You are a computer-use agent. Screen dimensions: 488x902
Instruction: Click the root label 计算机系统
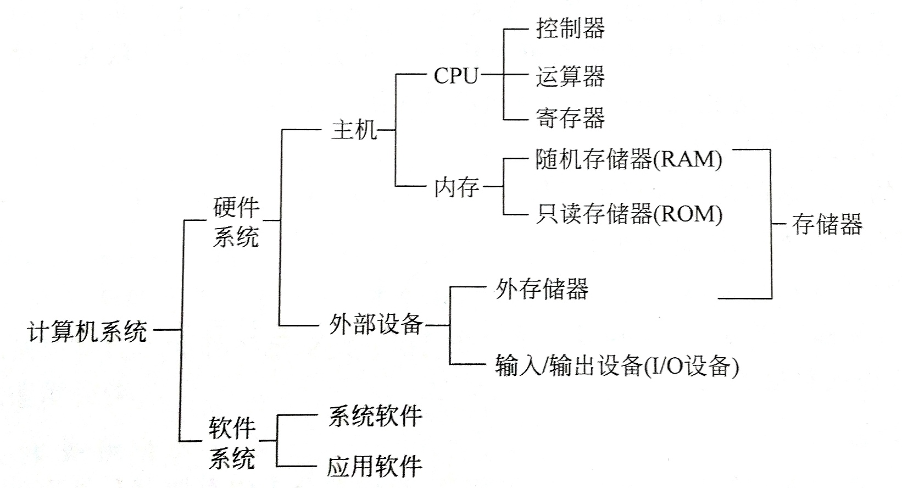click(87, 331)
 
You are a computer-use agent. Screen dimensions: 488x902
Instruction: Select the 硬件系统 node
click(236, 222)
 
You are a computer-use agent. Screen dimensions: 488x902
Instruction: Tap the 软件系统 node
click(232, 442)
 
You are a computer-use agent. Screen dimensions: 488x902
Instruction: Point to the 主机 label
click(354, 130)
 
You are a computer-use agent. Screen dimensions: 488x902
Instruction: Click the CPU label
click(456, 76)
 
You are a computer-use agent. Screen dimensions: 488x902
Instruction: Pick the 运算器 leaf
click(570, 76)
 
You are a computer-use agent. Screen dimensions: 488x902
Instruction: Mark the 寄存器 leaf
click(570, 118)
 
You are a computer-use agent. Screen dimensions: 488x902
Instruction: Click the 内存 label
click(456, 187)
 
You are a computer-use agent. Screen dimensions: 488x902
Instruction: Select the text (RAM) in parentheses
click(687, 159)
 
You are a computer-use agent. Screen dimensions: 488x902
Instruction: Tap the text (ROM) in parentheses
click(688, 214)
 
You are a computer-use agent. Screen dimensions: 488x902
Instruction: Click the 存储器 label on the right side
click(827, 224)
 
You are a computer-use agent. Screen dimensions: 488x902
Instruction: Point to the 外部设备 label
click(376, 324)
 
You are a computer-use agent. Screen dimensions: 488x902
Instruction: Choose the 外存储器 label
click(542, 289)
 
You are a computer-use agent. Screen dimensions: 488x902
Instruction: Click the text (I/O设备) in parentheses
click(691, 366)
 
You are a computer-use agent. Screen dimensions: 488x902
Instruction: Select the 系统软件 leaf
click(375, 416)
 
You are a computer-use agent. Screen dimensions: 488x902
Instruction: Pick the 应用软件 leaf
click(375, 467)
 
